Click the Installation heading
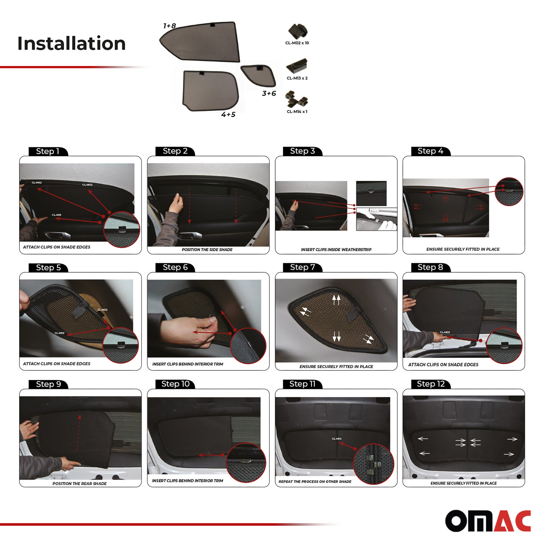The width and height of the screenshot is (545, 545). pyautogui.click(x=71, y=43)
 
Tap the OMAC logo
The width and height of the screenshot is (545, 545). pyautogui.click(x=488, y=521)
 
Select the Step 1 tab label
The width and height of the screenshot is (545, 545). pyautogui.click(x=48, y=151)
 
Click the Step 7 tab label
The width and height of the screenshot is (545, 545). pyautogui.click(x=302, y=267)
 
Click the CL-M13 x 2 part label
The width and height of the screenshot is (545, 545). pyautogui.click(x=297, y=78)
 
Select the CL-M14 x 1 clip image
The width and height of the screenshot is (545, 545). pyautogui.click(x=296, y=99)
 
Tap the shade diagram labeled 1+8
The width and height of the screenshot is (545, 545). pyautogui.click(x=200, y=42)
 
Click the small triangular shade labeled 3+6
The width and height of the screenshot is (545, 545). pyautogui.click(x=258, y=76)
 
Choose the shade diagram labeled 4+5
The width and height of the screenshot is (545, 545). pyautogui.click(x=211, y=91)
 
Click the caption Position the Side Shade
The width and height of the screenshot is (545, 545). pyautogui.click(x=207, y=250)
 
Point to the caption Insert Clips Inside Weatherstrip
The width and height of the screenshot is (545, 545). pyautogui.click(x=336, y=250)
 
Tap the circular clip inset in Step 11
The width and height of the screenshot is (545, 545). pyautogui.click(x=374, y=464)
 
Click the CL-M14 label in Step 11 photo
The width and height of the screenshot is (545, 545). pyautogui.click(x=337, y=439)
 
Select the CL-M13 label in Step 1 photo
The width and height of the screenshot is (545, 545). pyautogui.click(x=56, y=215)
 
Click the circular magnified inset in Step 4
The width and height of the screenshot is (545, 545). pyautogui.click(x=509, y=192)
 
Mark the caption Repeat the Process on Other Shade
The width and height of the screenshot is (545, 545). pyautogui.click(x=315, y=481)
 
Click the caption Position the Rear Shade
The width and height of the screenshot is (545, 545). pyautogui.click(x=80, y=483)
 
